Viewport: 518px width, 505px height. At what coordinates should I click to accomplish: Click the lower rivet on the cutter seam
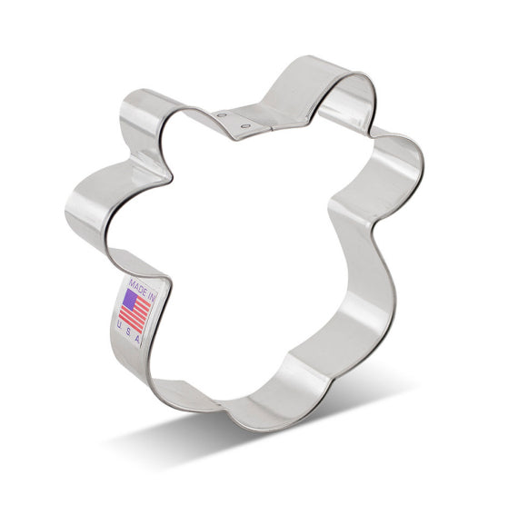click(245, 126)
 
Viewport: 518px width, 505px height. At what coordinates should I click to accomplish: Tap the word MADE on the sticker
click(138, 287)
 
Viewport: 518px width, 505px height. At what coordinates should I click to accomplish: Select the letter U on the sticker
click(120, 324)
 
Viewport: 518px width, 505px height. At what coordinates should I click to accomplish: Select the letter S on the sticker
click(128, 331)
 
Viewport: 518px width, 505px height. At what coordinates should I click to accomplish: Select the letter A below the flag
click(137, 338)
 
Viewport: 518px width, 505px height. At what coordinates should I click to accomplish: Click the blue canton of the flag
click(130, 300)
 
